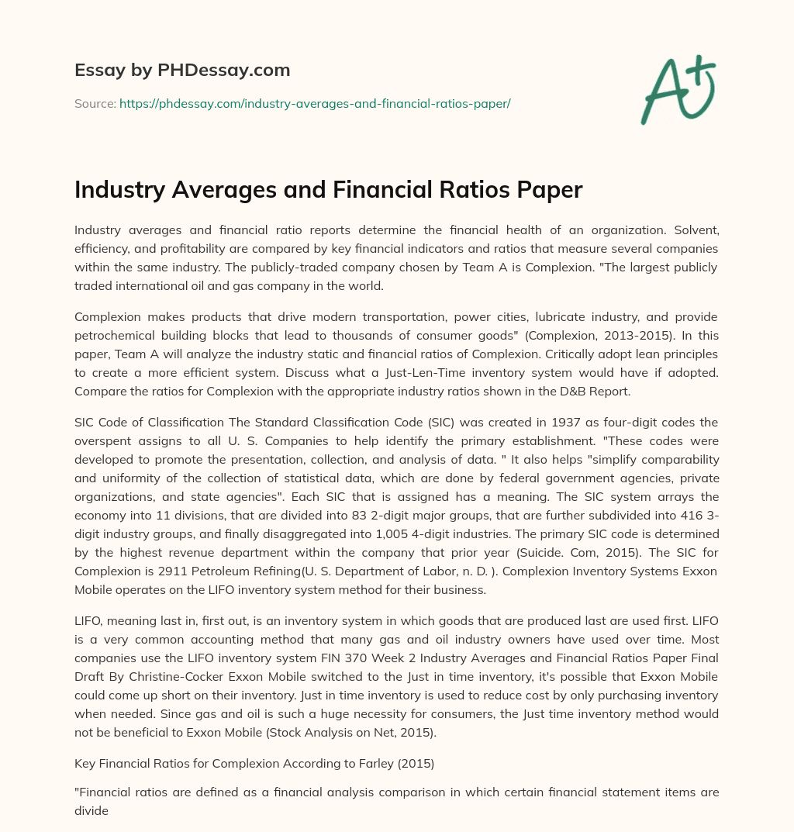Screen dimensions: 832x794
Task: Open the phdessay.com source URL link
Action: [315, 103]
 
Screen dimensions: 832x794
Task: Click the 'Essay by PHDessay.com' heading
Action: [182, 71]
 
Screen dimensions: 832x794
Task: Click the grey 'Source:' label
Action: [95, 103]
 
